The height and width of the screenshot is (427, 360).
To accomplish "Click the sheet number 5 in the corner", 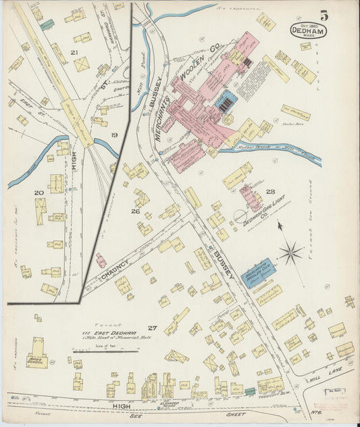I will point(324,16).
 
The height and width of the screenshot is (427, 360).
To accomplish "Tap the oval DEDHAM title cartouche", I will point(309,30).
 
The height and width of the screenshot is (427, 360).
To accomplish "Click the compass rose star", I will point(290,255).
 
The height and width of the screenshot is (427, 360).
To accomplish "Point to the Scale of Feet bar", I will point(105,351).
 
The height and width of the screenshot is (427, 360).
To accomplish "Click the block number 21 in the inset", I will point(74,52).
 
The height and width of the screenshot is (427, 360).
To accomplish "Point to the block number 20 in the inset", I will point(39,194).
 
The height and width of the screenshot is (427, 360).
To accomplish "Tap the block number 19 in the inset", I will point(114,135).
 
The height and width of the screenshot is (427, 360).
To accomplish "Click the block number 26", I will point(135,211).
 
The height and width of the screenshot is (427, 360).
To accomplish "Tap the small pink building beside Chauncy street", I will point(101,260).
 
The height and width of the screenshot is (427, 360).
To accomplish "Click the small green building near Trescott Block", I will point(250,391).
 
